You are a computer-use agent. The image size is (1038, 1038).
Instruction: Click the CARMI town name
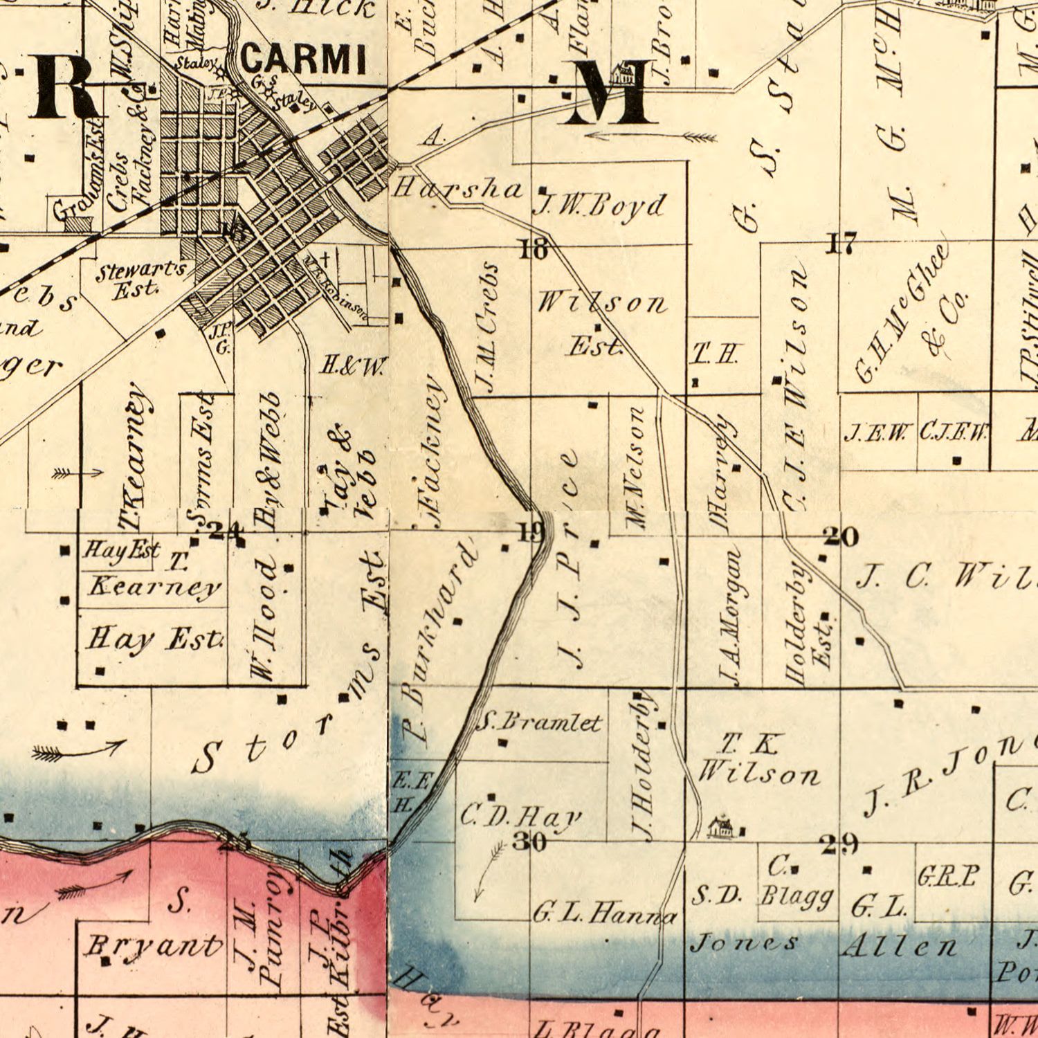coord(303,60)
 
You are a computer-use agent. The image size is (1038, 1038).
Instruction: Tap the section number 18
coord(534,248)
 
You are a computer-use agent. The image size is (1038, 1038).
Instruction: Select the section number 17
coord(841,244)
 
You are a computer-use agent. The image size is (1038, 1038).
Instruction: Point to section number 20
coord(841,536)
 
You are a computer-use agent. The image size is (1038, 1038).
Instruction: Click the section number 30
coord(530,841)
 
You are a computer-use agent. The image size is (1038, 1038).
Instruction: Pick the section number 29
coord(839,844)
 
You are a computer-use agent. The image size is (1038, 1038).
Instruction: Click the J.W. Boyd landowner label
coord(601,206)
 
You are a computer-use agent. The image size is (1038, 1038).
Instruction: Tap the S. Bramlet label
coord(539,723)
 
